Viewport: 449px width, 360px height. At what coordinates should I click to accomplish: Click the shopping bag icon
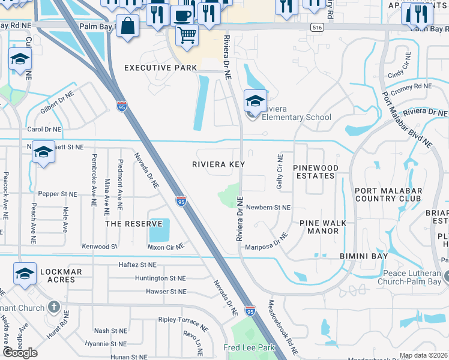click(x=127, y=26)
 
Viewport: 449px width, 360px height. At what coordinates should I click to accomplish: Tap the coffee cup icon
click(x=182, y=16)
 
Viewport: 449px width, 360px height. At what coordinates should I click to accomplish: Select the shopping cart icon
click(x=187, y=35)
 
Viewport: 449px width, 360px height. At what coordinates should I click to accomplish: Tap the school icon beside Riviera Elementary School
click(x=255, y=100)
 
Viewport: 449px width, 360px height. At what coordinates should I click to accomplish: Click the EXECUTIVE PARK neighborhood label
click(x=160, y=68)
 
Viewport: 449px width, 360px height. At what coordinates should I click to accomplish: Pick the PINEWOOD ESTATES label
click(x=315, y=172)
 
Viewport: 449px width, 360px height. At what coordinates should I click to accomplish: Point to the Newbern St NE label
click(x=268, y=207)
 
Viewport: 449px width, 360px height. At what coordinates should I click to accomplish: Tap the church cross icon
click(x=54, y=308)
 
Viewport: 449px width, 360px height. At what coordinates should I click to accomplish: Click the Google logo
click(x=20, y=353)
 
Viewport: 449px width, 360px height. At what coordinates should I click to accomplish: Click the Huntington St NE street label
click(x=160, y=278)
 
